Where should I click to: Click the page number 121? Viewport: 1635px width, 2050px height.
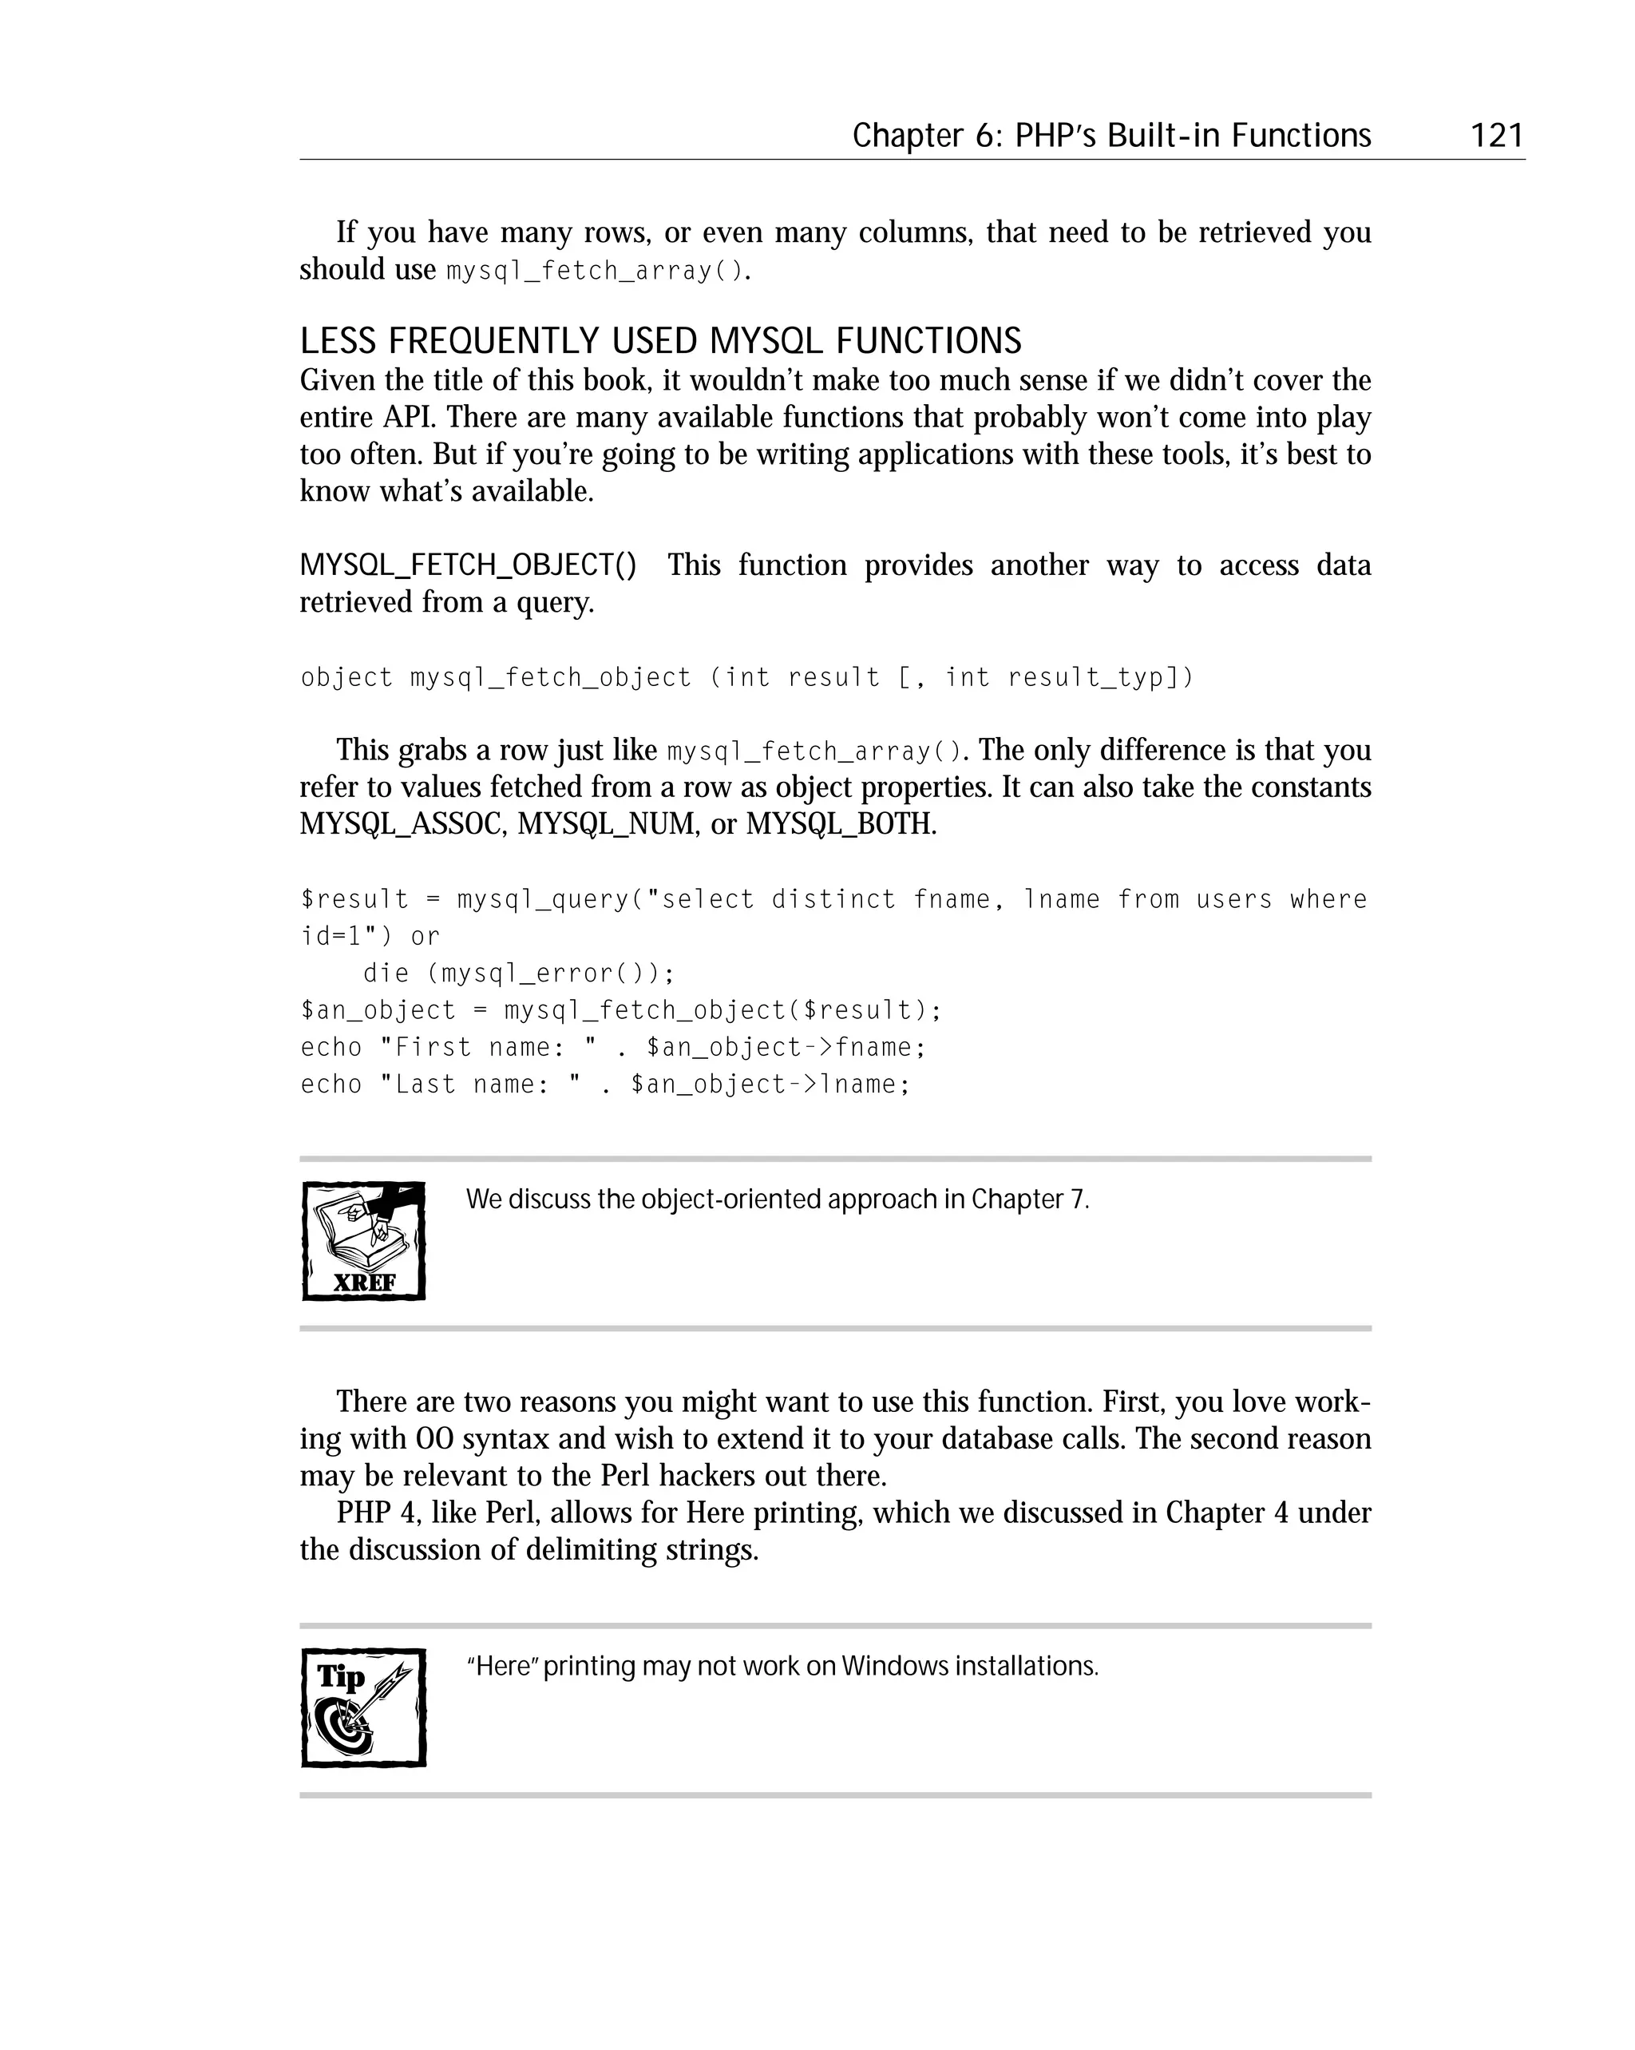(x=1496, y=136)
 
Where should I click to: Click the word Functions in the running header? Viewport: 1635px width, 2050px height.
(x=1300, y=136)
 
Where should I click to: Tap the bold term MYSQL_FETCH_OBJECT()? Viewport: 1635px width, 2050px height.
(x=469, y=565)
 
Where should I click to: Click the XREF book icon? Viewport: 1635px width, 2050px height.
(x=363, y=1241)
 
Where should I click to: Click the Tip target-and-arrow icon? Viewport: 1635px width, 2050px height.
(x=363, y=1707)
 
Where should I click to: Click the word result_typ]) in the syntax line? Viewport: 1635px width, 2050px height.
(x=1100, y=677)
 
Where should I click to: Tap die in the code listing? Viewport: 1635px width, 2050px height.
(x=386, y=973)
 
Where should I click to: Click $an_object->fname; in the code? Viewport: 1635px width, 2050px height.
(x=786, y=1047)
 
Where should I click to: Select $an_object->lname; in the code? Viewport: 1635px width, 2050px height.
(x=770, y=1084)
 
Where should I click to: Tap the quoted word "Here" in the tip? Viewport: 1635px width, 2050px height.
(x=503, y=1666)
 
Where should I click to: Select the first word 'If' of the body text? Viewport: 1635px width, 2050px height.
(x=346, y=232)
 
